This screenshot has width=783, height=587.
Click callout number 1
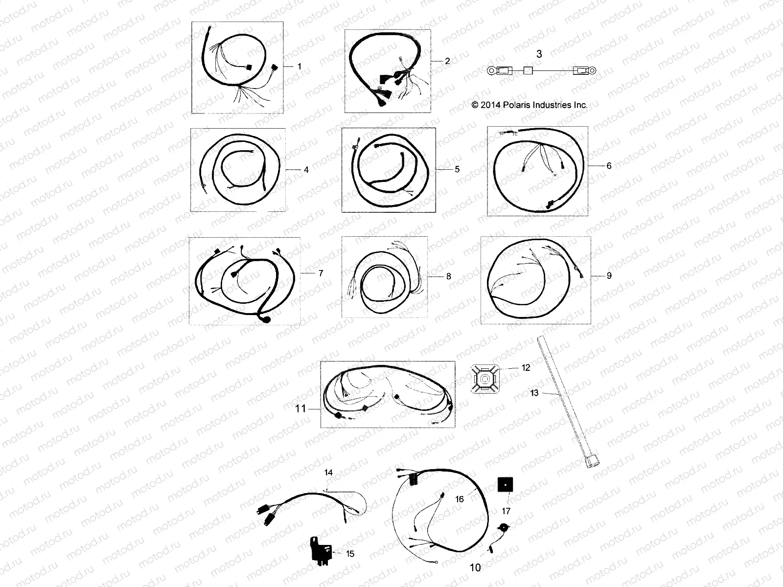(299, 66)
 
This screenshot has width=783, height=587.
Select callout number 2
(447, 62)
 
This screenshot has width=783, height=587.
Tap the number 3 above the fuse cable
(539, 54)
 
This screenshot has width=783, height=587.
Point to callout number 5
(457, 169)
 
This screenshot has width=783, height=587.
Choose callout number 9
(609, 276)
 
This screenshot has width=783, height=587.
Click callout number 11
(300, 408)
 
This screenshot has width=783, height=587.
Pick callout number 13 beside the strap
(534, 393)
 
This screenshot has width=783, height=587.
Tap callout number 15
(350, 554)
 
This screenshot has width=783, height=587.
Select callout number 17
(506, 511)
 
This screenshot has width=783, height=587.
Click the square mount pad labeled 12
(486, 379)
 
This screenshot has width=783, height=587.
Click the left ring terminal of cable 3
(491, 71)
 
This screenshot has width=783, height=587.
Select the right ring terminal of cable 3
(592, 71)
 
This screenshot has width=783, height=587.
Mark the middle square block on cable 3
(528, 71)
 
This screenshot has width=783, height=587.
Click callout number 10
(475, 568)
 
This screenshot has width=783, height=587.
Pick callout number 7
(321, 273)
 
